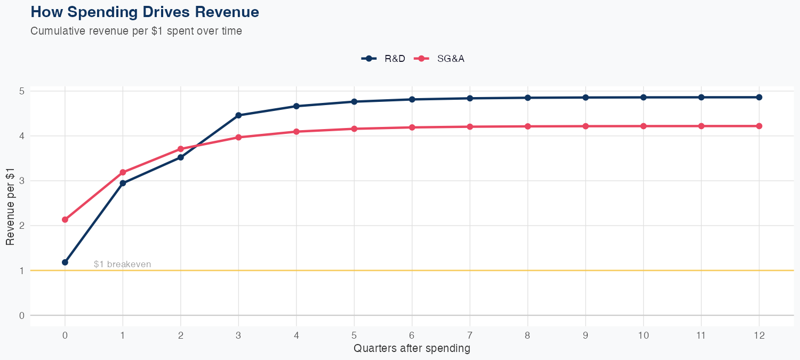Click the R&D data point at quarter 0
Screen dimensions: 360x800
pos(65,262)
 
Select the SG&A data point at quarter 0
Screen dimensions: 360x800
pos(65,220)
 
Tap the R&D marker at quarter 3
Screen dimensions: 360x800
pos(238,115)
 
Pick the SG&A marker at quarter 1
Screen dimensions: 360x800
pos(123,172)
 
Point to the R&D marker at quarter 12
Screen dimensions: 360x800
pos(759,97)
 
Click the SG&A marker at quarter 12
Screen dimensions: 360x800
pos(759,126)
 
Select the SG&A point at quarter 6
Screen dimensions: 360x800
pos(412,127)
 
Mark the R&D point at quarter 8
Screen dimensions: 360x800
pos(527,98)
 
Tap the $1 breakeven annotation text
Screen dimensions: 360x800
pos(122,264)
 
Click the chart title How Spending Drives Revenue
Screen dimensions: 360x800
pos(145,12)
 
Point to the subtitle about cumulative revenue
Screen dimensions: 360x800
pos(136,31)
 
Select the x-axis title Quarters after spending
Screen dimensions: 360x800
pos(412,349)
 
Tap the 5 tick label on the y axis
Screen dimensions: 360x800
pos(22,91)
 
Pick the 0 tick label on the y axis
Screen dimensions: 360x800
pos(22,315)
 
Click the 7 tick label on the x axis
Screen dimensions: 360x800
pos(470,335)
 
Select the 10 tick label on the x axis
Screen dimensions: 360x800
pos(643,335)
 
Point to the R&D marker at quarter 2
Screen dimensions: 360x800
pos(181,157)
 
